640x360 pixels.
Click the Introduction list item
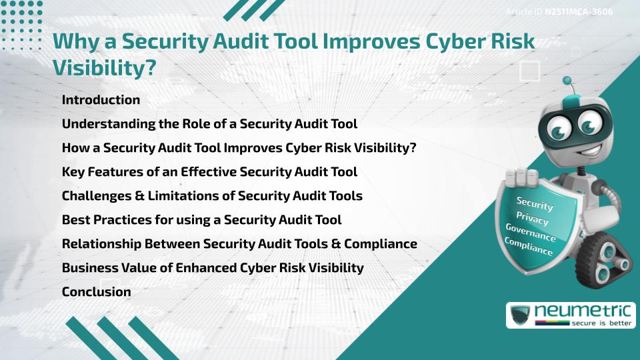pos(101,100)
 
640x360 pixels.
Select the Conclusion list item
pos(96,291)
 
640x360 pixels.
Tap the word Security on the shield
pos(535,203)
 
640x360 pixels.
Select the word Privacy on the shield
pos(531,218)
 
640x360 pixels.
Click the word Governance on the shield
pos(531,233)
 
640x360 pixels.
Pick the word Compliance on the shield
pos(529,247)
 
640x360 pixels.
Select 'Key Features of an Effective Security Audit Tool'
pos(209,172)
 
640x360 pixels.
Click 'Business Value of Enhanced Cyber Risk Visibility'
pos(213,267)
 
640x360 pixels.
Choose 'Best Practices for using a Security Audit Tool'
pos(201,219)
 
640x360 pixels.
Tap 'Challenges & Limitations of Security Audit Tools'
pos(212,196)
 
